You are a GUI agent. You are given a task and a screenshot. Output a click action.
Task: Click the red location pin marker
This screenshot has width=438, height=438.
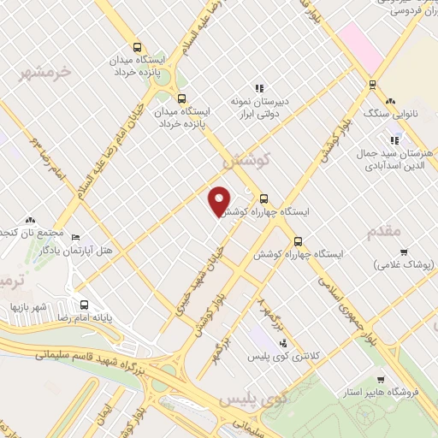[x=220, y=200]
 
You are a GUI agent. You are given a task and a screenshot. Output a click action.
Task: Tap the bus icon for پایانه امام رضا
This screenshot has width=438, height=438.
[x=84, y=304]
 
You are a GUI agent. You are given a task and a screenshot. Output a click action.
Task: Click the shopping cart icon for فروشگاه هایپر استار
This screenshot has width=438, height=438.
[x=381, y=379]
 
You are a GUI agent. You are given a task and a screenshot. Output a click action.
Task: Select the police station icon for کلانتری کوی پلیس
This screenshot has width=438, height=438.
[x=283, y=344]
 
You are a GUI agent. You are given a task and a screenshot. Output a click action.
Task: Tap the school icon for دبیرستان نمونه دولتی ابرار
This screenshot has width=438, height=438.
[x=258, y=88]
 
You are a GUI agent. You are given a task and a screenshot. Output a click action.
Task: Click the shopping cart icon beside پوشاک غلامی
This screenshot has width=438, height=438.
[x=403, y=252]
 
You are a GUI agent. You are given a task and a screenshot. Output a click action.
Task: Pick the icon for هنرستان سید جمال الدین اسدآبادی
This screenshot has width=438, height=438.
[x=394, y=140]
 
